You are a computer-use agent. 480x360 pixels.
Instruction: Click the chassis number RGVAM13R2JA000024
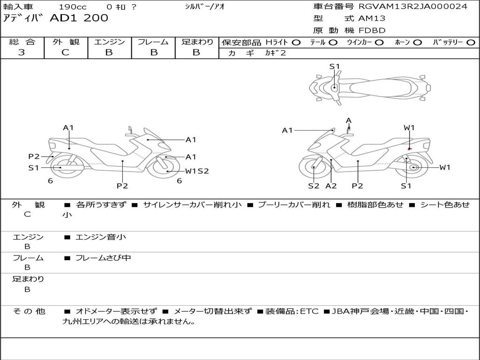coord(413,7)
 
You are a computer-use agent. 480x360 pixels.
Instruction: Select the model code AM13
coord(372,18)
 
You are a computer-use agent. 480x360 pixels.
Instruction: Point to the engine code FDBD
coord(372,30)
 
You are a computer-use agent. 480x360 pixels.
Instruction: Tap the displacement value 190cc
coord(73,7)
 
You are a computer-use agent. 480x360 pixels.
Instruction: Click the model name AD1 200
coord(79,18)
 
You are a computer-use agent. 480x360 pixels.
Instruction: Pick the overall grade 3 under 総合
coord(22,52)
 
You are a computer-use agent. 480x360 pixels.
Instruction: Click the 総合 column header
coord(22,42)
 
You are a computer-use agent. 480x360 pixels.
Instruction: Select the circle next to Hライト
coord(296,43)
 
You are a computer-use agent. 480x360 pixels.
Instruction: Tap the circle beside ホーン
coord(418,43)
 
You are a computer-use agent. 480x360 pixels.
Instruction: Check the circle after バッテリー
coord(471,43)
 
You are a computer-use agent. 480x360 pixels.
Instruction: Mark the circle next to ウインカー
coord(379,43)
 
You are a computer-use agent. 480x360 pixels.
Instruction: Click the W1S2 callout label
coord(197,171)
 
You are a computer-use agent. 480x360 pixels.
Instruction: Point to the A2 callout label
coord(331,186)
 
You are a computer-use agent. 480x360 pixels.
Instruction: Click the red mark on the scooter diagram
coord(410,149)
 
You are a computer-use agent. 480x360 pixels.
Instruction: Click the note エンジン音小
coord(100,237)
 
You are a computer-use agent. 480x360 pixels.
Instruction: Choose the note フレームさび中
coord(103,258)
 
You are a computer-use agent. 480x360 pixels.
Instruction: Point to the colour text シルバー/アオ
coord(205,7)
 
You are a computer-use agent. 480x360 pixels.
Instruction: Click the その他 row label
coord(29,311)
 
